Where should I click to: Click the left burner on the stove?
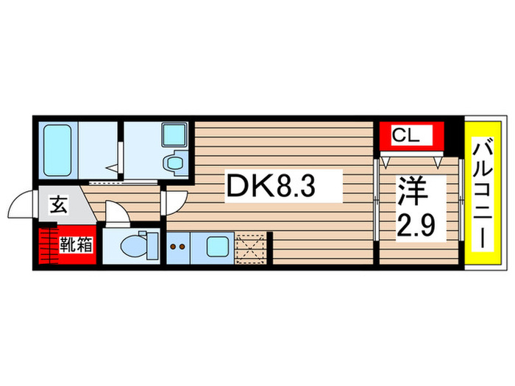coord(174,248)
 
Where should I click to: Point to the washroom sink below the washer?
coord(175,162)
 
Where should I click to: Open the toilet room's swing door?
coord(116,211)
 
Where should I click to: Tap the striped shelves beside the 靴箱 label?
coord(49,246)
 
